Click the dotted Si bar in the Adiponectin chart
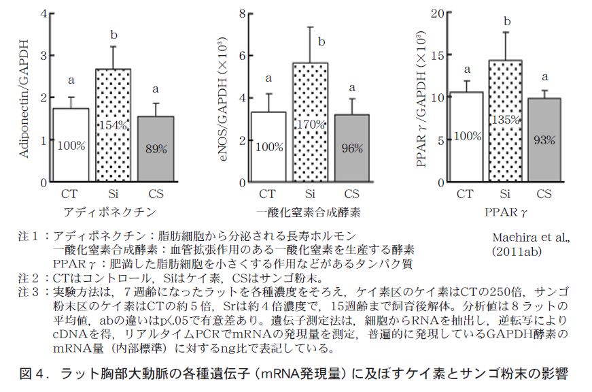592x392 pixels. click(113, 102)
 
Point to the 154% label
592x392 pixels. click(113, 125)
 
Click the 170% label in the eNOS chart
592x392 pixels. click(310, 125)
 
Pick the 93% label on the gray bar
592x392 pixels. click(544, 140)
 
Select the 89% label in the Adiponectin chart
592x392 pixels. click(156, 148)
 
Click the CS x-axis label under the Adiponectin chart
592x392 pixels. click(156, 195)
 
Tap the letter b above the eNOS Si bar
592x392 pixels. click(321, 42)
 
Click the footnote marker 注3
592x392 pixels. click(29, 292)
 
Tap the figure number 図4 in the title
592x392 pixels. click(33, 374)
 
